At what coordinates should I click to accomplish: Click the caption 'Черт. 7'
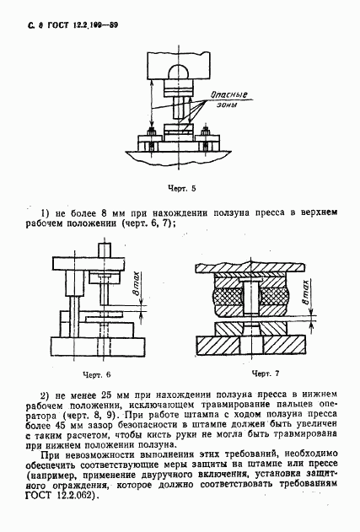click(x=264, y=372)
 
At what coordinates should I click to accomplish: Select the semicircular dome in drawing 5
click(x=177, y=74)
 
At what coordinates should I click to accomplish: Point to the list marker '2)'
click(x=46, y=395)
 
